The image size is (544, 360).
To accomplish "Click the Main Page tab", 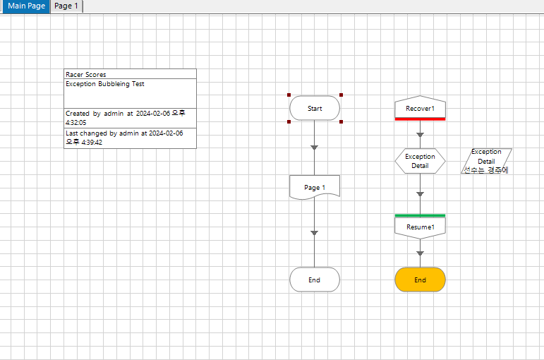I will tap(26, 6).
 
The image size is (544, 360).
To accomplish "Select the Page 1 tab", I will tap(66, 6).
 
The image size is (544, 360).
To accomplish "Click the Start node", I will tap(315, 109).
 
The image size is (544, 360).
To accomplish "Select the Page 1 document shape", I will tap(315, 188).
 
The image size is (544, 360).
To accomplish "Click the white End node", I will tap(315, 280).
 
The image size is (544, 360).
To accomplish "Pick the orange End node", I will tap(420, 280).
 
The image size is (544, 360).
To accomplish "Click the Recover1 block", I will tap(420, 108).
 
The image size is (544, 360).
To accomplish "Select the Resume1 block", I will tap(420, 227).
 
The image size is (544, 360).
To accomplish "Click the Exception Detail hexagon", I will tap(420, 161).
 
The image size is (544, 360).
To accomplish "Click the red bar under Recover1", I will tap(420, 119).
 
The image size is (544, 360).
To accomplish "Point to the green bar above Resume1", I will tap(420, 215).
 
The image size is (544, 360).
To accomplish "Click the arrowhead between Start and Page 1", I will tap(315, 148).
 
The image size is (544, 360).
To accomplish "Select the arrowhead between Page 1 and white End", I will tap(315, 232).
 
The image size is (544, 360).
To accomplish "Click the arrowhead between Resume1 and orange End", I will tap(420, 253).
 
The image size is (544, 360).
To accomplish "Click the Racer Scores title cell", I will tap(130, 74).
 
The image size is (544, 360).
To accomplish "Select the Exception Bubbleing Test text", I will tap(105, 84).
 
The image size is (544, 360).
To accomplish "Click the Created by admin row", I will tap(130, 117).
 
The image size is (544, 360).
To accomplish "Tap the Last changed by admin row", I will tap(130, 137).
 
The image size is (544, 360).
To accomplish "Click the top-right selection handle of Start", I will tap(341, 95).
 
